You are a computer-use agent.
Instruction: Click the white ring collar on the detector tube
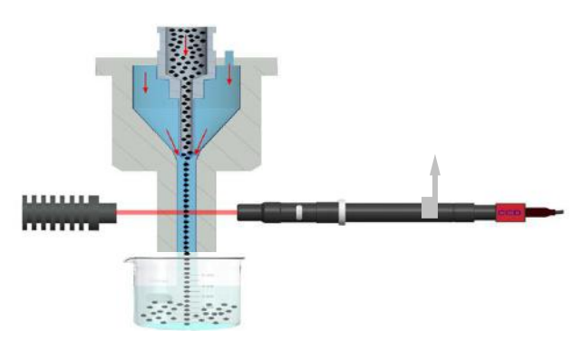pos(339,212)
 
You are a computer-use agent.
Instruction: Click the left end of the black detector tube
pos(246,213)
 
